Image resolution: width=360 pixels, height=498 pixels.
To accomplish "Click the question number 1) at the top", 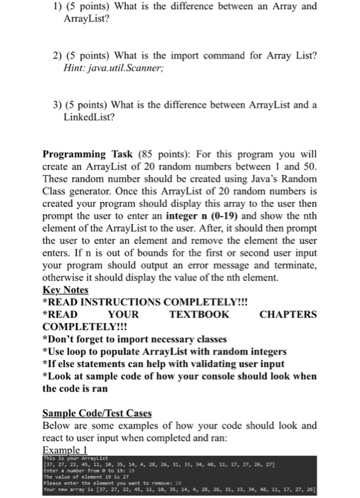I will [x=49, y=8].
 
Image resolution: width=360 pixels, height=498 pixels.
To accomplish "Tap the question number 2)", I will [x=49, y=56].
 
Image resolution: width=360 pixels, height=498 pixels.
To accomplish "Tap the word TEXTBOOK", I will [x=199, y=314].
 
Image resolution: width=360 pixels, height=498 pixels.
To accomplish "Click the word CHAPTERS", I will [x=288, y=314].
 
